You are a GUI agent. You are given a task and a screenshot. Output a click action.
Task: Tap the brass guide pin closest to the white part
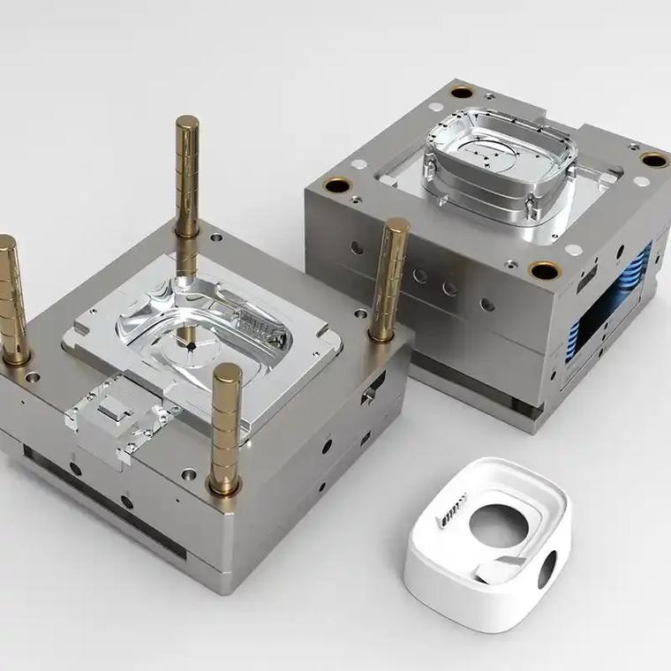(x=226, y=424)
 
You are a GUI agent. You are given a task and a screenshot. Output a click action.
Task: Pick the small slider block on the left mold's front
(x=114, y=411)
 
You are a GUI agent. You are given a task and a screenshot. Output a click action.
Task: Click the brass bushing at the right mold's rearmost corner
(x=462, y=91)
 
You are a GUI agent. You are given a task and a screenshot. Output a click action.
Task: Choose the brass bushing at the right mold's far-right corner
(x=654, y=160)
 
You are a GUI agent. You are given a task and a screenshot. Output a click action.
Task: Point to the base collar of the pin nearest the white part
(x=224, y=484)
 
